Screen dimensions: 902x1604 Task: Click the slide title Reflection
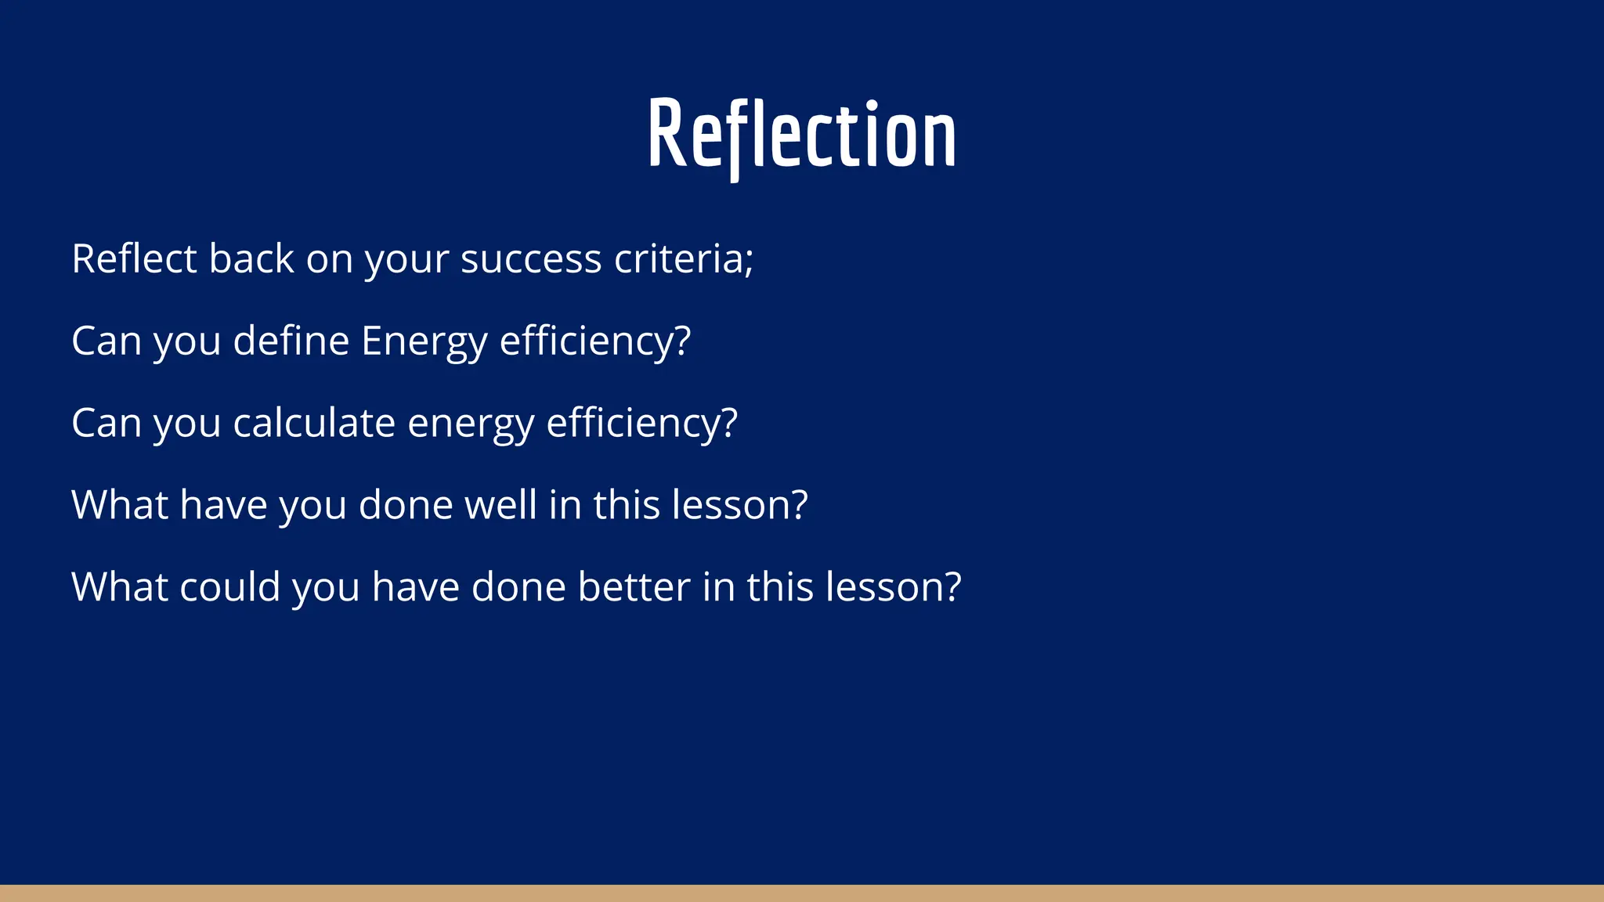click(x=802, y=135)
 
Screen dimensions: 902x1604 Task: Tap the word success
click(x=530, y=259)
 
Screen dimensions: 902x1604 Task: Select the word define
click(x=291, y=341)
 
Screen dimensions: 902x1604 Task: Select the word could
click(x=229, y=587)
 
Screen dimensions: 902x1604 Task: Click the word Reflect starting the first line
click(x=134, y=259)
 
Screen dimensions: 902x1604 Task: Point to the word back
click(x=251, y=259)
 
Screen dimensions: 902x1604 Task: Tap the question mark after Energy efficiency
click(x=682, y=341)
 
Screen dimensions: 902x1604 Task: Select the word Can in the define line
click(x=106, y=341)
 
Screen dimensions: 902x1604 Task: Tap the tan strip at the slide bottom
click(x=802, y=893)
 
